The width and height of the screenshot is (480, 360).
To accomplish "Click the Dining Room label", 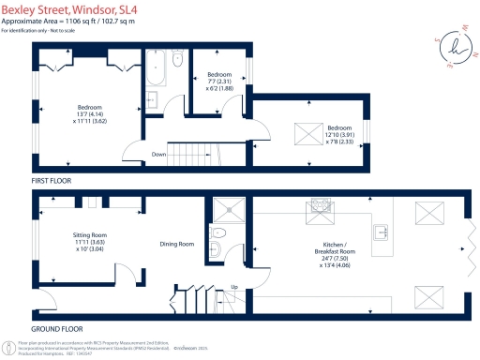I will coord(176,244).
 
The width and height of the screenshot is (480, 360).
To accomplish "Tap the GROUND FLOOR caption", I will coord(58,329).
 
